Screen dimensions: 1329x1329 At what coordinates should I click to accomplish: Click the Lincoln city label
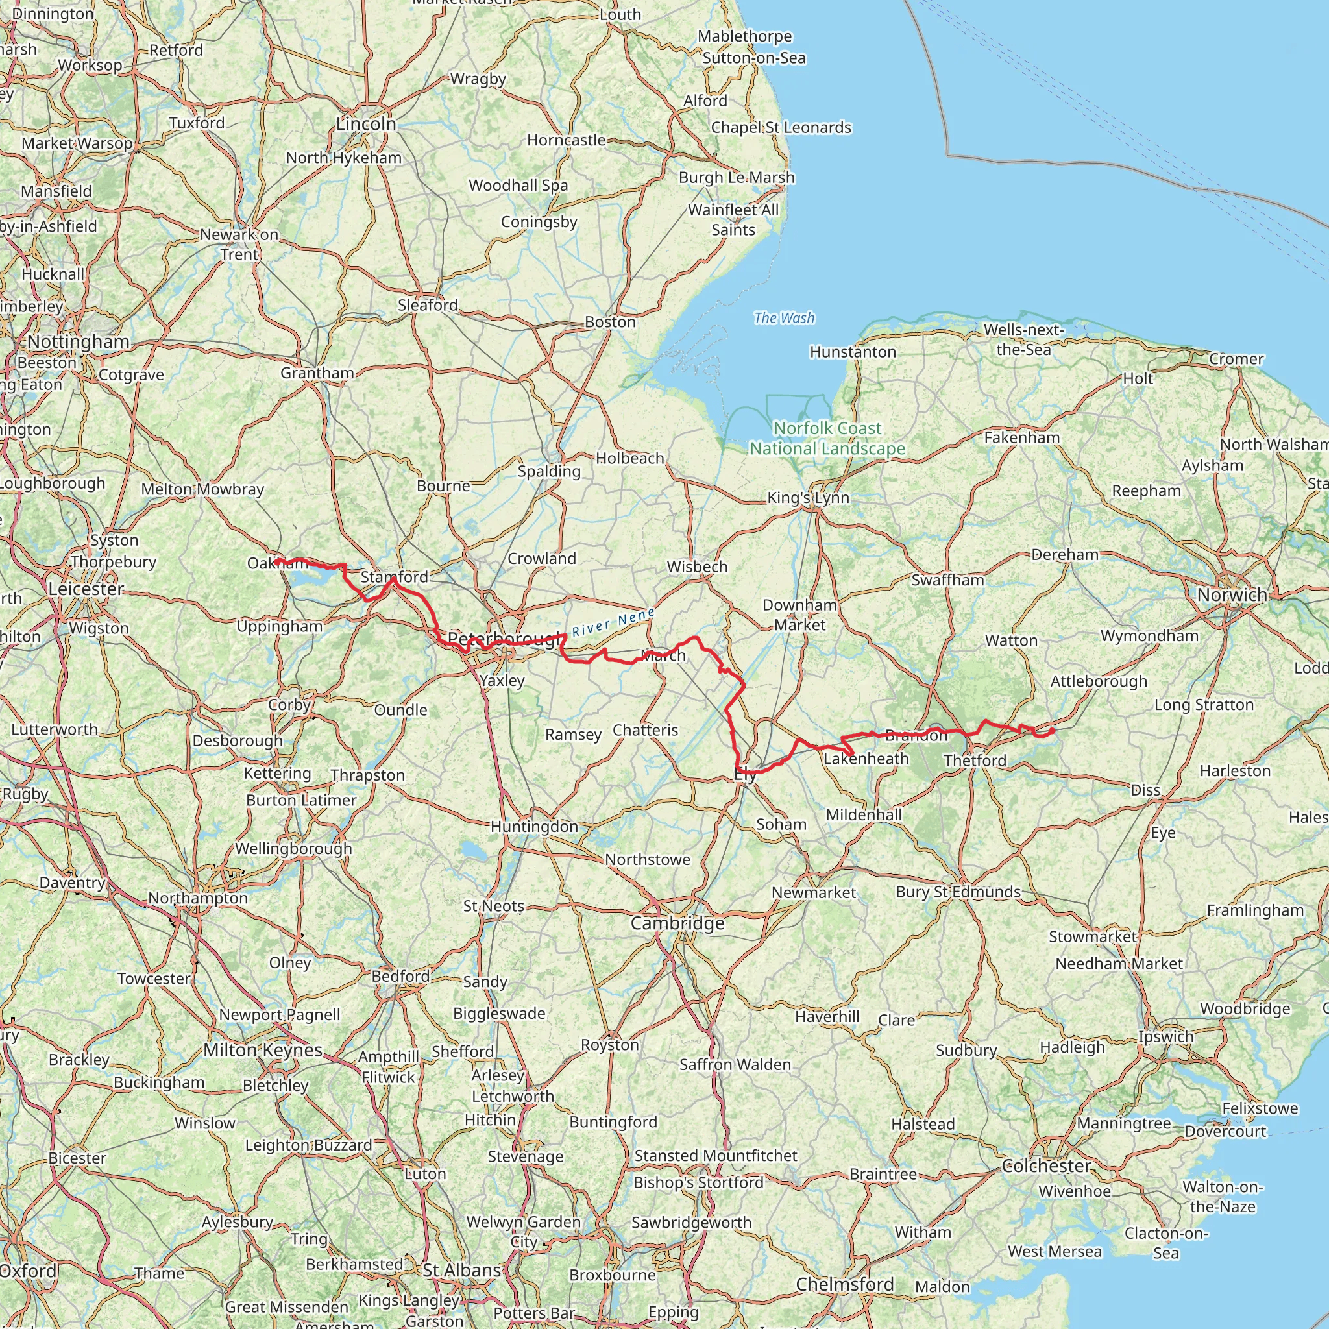coord(366,125)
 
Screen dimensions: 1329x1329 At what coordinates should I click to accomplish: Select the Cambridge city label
coord(677,923)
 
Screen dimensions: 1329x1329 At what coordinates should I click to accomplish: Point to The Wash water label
coord(783,318)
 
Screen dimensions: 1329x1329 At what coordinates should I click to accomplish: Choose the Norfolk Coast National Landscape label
coord(827,438)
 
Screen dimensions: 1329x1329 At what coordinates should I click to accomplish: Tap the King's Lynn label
coord(809,498)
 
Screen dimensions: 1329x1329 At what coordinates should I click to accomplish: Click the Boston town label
coord(610,322)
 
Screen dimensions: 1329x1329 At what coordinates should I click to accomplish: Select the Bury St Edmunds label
coord(958,892)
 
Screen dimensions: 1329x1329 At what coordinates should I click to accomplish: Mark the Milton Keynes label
coord(263,1050)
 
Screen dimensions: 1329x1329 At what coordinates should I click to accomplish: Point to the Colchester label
coord(1045,1165)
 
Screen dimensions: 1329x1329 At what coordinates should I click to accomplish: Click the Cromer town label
coord(1236,359)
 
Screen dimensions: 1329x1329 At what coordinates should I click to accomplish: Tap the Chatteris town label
coord(645,730)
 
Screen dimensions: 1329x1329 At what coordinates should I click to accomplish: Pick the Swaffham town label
coord(947,580)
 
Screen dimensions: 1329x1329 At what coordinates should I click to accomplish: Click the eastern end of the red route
coord(1053,731)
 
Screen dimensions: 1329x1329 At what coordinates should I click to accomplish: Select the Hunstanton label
coord(852,352)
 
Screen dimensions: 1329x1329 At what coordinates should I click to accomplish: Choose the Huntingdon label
coord(535,826)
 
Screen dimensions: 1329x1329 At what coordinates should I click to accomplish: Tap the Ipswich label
coord(1165,1036)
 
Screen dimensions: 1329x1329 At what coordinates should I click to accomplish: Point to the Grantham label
coord(317,373)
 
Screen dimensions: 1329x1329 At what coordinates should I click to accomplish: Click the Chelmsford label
coord(845,1284)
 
